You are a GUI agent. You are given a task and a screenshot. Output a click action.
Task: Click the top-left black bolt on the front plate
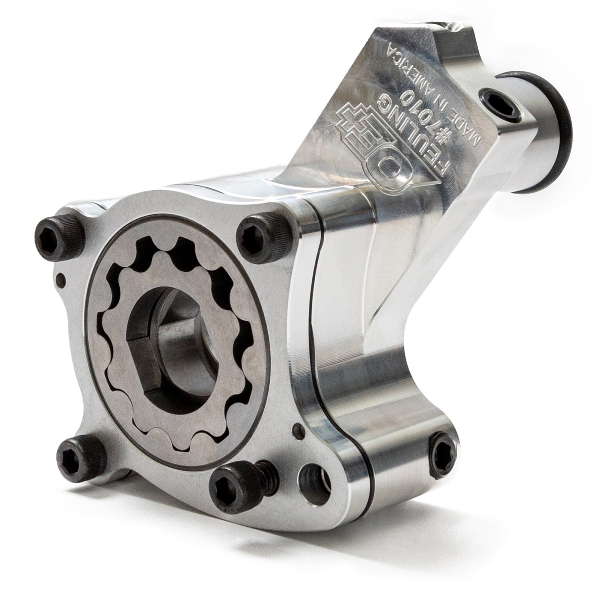59,238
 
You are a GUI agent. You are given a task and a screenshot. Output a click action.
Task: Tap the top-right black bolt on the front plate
263,236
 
